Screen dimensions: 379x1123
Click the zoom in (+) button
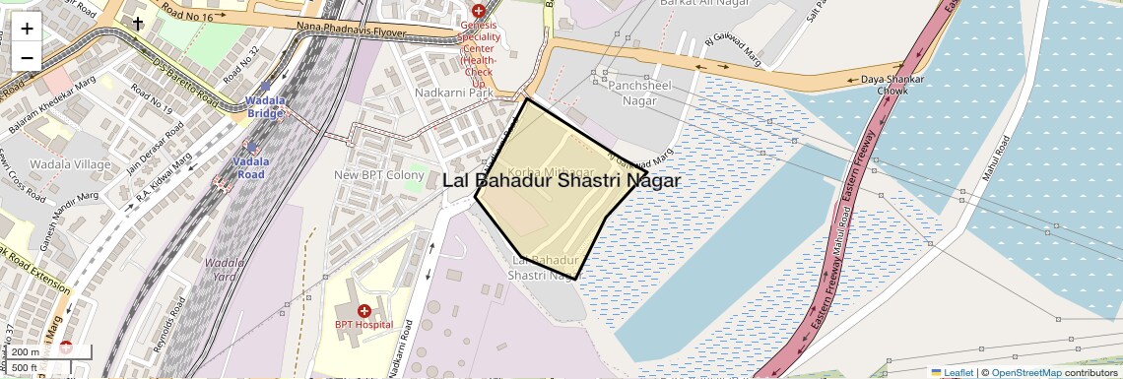(27, 29)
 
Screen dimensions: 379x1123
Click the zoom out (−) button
(27, 57)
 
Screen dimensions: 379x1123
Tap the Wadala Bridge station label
(265, 106)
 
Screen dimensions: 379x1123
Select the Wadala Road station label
(251, 167)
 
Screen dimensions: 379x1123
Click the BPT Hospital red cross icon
(363, 311)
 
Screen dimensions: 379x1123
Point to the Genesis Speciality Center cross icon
(478, 10)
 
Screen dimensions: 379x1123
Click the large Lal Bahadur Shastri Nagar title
(561, 180)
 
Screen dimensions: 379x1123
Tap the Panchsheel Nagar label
(639, 93)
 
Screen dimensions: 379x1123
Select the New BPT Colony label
(378, 174)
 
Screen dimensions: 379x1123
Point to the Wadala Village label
(70, 163)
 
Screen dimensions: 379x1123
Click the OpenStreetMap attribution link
(1026, 372)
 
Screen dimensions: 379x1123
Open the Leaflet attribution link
(953, 372)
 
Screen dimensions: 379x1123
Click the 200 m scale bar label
(26, 352)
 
